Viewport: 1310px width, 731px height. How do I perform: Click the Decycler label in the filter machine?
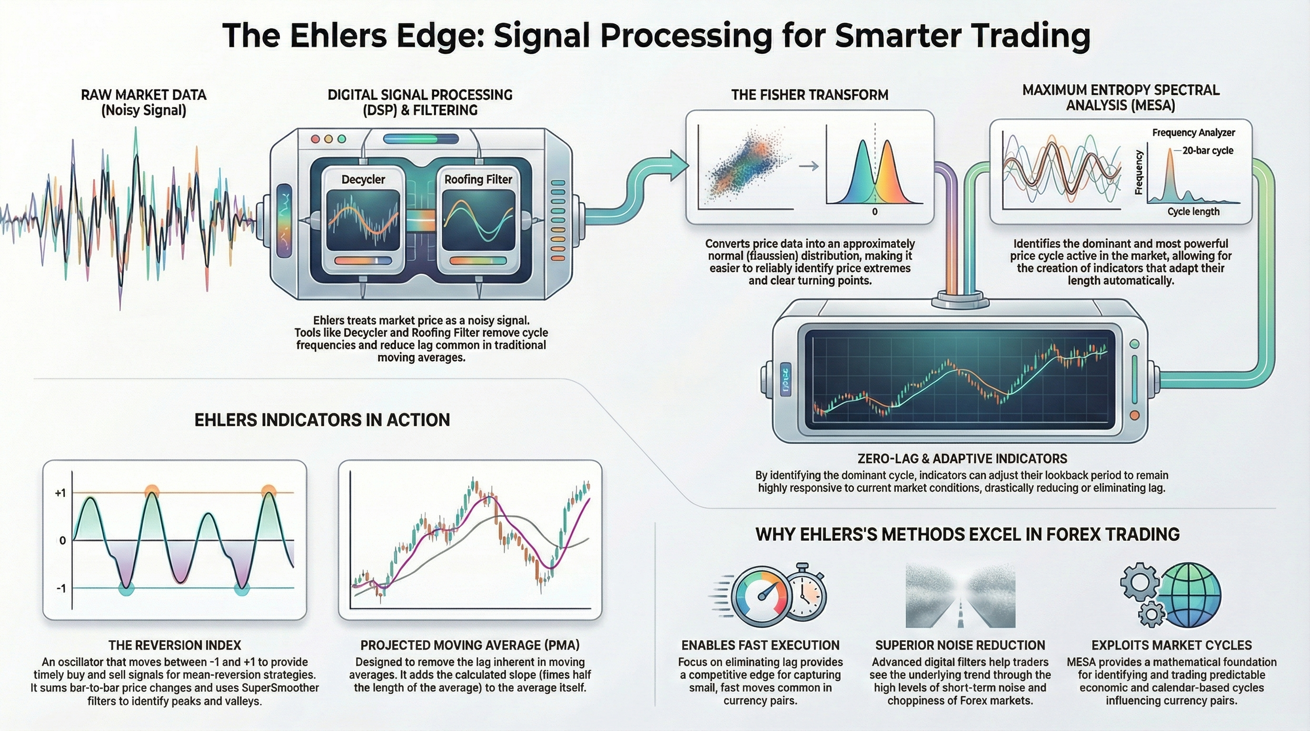pyautogui.click(x=363, y=179)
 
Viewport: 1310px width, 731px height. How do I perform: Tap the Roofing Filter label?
pyautogui.click(x=478, y=179)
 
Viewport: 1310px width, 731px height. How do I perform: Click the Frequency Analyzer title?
pyautogui.click(x=1193, y=133)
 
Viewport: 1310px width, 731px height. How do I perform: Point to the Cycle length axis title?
pyautogui.click(x=1193, y=211)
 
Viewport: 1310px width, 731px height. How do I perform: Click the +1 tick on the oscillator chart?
pyautogui.click(x=60, y=493)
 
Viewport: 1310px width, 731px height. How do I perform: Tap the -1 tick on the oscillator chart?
pyautogui.click(x=61, y=589)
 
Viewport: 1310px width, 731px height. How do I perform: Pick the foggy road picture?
pyautogui.click(x=960, y=595)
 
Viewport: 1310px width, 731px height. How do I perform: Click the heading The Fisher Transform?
pyautogui.click(x=810, y=95)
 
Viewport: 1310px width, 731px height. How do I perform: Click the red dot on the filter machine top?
pyautogui.click(x=315, y=139)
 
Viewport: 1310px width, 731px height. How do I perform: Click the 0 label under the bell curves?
pyautogui.click(x=875, y=211)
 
